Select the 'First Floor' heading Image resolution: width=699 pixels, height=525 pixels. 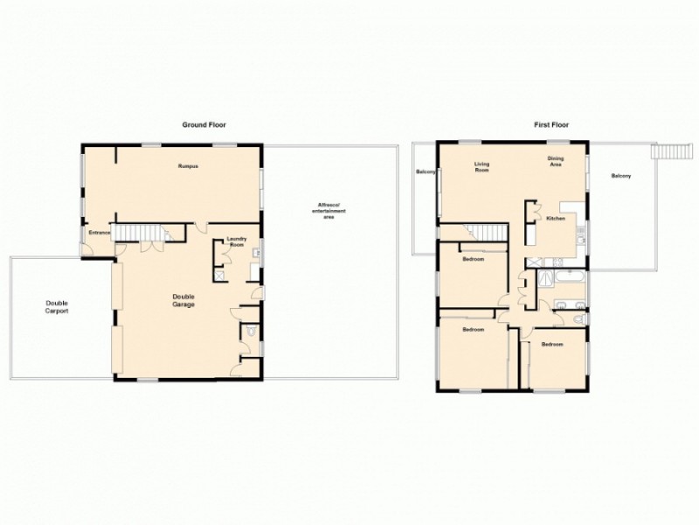pyautogui.click(x=551, y=125)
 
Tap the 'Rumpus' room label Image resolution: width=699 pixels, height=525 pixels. pyautogui.click(x=188, y=166)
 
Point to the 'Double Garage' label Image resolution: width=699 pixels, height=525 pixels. pyautogui.click(x=183, y=301)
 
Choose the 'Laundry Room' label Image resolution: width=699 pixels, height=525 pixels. pyautogui.click(x=237, y=242)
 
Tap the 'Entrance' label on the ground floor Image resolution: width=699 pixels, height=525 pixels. pyautogui.click(x=98, y=234)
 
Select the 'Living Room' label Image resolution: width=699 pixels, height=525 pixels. pyautogui.click(x=481, y=167)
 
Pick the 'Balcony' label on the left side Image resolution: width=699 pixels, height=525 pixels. pyautogui.click(x=426, y=171)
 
